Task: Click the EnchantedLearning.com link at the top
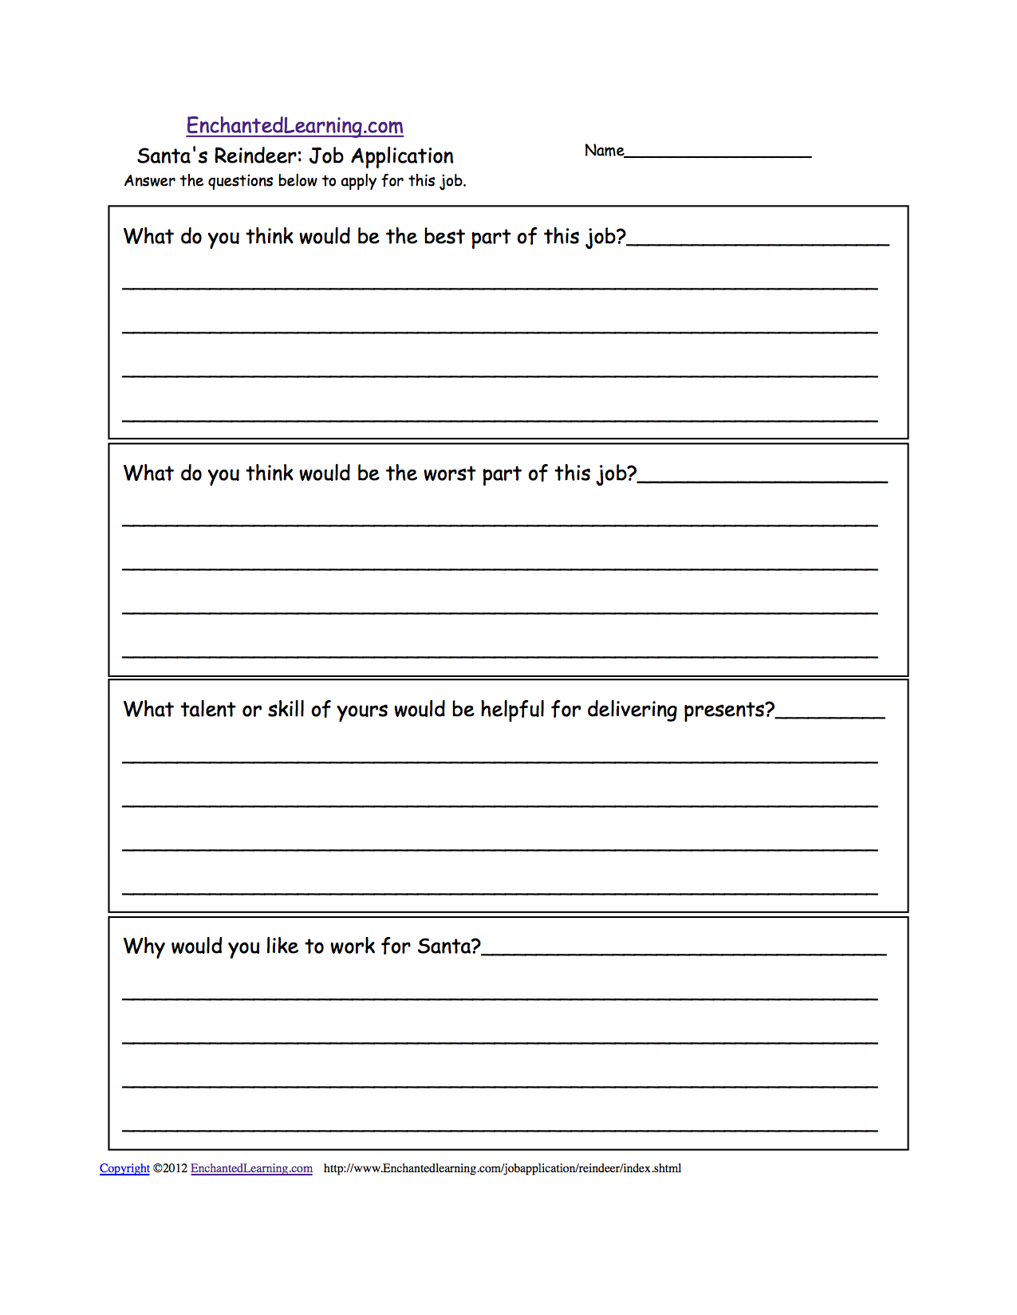294,126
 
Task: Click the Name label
604,151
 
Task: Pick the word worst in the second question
449,474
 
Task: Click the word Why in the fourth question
144,947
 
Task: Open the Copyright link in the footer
124,1168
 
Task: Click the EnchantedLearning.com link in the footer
251,1168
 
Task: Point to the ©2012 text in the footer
170,1168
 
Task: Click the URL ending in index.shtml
503,1168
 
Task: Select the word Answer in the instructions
149,181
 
